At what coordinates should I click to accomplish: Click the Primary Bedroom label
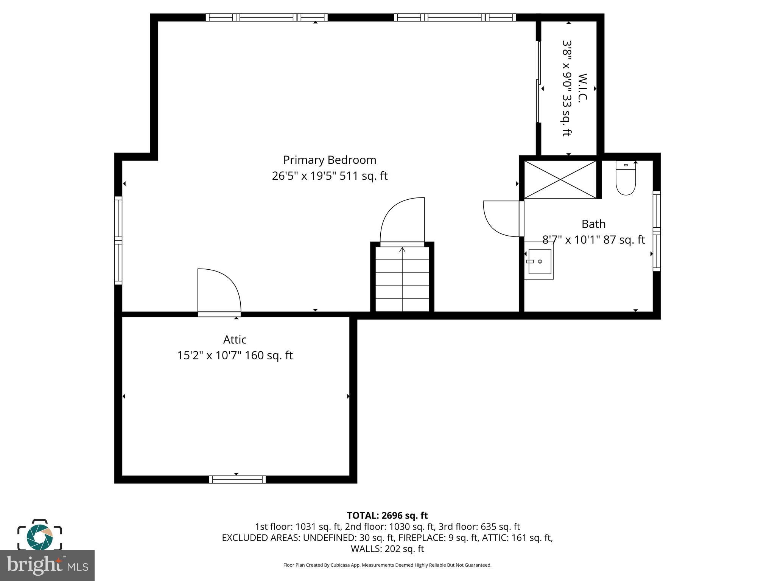(330, 160)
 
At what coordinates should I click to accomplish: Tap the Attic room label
(235, 340)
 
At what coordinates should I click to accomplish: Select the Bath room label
(593, 224)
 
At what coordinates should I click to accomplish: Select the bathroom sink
(539, 261)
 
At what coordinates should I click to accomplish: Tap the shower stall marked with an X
(560, 179)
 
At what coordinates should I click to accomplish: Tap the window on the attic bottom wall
(237, 480)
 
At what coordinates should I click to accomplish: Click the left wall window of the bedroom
(118, 240)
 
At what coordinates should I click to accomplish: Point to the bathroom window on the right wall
(657, 231)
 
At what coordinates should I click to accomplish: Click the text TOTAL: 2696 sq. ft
(387, 516)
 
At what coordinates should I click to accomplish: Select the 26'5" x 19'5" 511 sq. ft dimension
(330, 176)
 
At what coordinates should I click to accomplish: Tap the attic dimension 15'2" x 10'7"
(235, 356)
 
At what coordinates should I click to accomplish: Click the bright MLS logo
(47, 565)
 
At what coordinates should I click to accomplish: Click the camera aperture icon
(40, 536)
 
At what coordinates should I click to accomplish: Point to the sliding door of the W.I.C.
(538, 82)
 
